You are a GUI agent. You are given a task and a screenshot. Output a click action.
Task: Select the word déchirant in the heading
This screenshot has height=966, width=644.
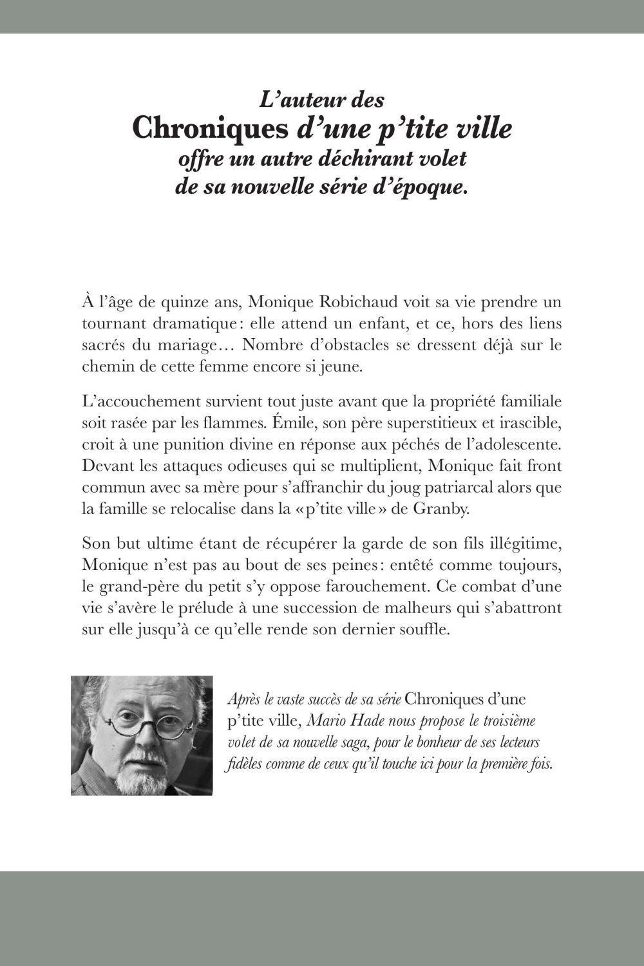(x=370, y=158)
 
